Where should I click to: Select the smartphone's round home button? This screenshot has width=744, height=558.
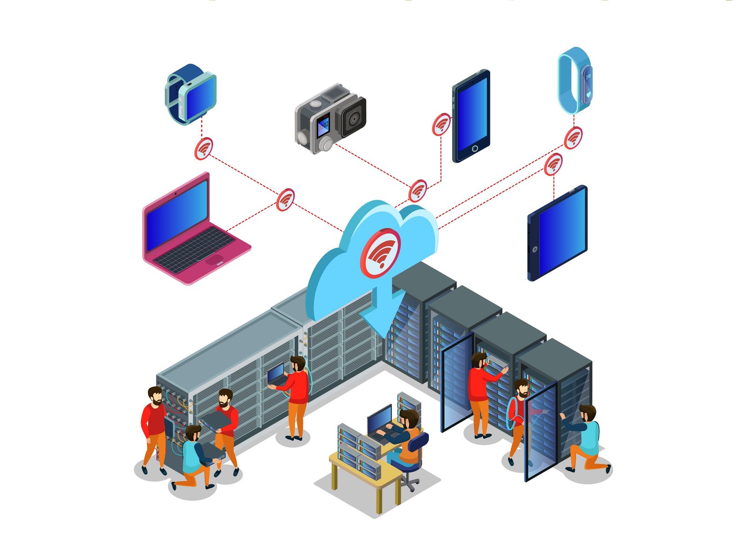[x=474, y=149]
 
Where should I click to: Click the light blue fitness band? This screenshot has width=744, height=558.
[x=575, y=80]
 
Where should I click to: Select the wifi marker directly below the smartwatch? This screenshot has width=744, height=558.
[x=203, y=149]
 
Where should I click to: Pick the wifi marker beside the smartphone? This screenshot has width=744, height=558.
[x=441, y=124]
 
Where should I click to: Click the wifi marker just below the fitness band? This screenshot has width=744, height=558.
[x=573, y=138]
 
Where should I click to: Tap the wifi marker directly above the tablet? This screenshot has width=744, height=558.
[x=553, y=165]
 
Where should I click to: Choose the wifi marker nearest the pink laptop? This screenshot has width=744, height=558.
[x=286, y=200]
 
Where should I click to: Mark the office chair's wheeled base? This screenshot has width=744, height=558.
[x=409, y=484]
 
